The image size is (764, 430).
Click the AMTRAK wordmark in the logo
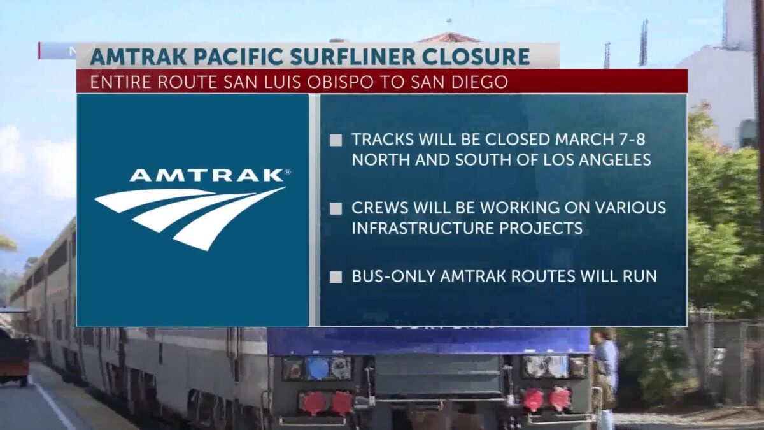point(206,175)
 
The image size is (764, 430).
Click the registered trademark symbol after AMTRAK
point(287,172)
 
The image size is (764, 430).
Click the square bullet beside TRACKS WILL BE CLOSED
point(336,140)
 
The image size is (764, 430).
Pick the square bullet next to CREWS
point(336,209)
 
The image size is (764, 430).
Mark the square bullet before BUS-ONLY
point(336,277)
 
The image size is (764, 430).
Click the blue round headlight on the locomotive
point(317,368)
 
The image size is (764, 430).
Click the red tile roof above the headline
point(449,38)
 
